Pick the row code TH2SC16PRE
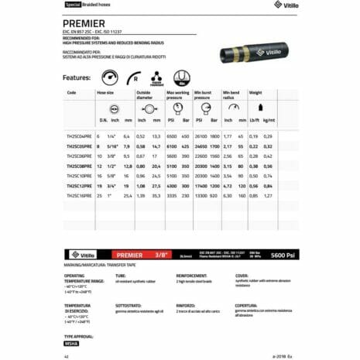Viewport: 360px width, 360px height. (80, 197)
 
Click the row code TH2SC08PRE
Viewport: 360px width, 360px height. (80, 166)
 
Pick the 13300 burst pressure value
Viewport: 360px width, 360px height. (202, 197)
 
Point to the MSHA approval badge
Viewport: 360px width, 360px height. (71, 343)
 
